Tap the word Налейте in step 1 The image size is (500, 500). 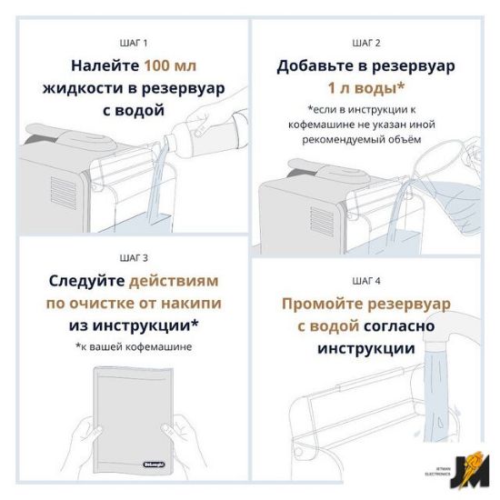(x=105, y=66)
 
